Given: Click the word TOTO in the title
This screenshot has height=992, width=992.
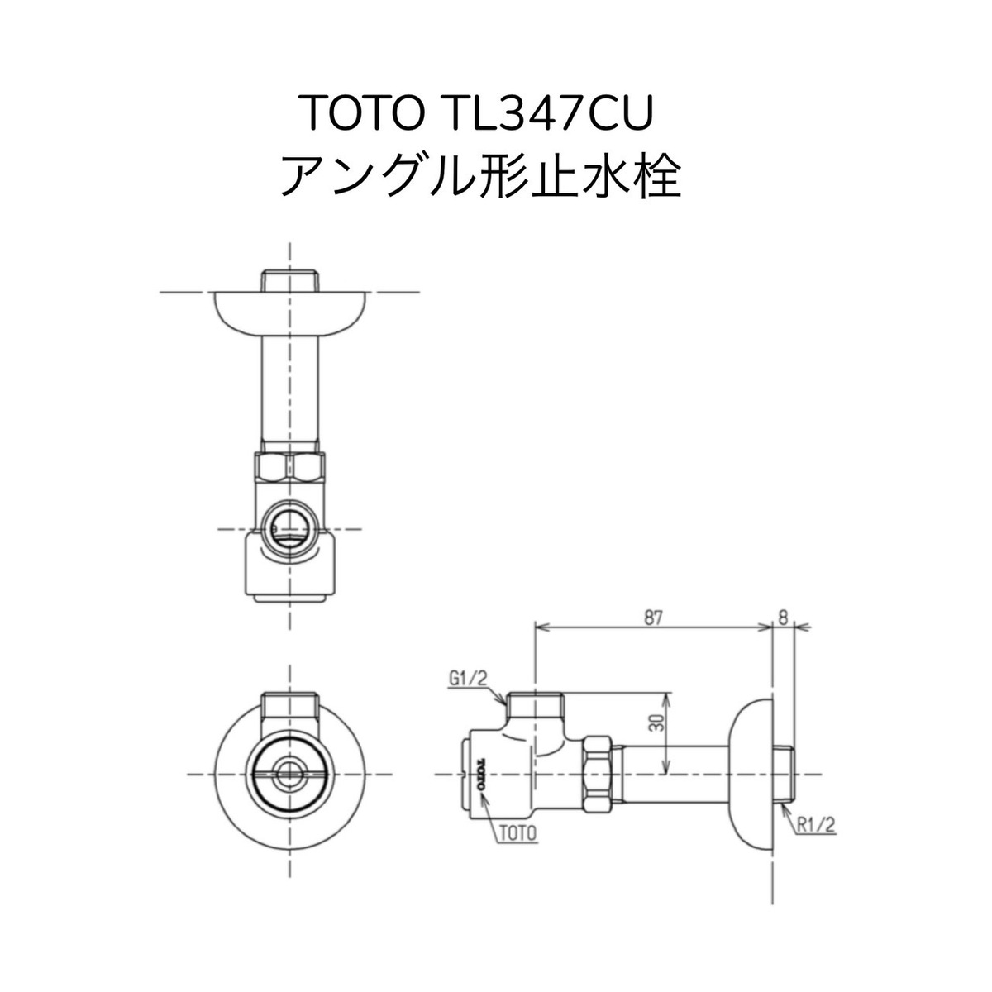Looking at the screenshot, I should pos(359,112).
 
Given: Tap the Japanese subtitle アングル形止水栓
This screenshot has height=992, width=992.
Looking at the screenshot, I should pos(482,175).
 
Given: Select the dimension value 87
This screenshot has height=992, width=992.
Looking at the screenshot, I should pos(653,617).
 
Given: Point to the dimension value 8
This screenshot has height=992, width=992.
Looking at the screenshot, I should pos(783,617).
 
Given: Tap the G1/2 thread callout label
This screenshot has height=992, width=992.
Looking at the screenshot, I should pos(470,678).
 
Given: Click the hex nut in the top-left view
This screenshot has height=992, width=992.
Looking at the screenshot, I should pos(289,468).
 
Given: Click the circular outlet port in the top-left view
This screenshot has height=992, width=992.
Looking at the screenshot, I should pos(289,527).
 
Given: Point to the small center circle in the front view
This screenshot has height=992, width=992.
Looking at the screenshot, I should pos(289,774).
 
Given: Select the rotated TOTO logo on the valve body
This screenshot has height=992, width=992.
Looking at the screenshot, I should pos(480,774).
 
